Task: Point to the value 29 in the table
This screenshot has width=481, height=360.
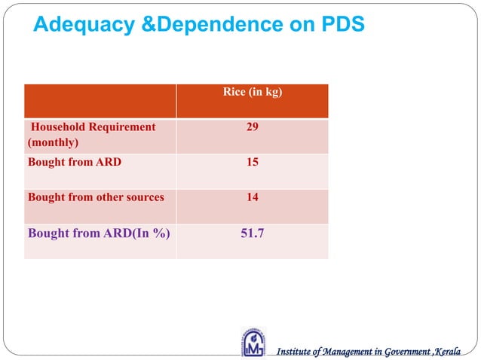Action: click(x=252, y=127)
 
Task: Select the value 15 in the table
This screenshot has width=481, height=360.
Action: click(x=252, y=162)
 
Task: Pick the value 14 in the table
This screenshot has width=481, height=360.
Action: click(x=252, y=197)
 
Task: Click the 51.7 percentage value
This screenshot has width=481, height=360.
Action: click(x=252, y=233)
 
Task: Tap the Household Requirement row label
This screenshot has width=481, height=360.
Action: click(x=93, y=127)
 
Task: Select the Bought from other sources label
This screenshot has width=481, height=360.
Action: click(x=95, y=197)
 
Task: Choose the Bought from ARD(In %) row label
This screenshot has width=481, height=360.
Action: click(x=98, y=233)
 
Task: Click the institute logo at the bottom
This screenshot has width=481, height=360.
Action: click(x=253, y=341)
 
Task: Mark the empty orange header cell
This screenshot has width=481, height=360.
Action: click(x=100, y=101)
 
